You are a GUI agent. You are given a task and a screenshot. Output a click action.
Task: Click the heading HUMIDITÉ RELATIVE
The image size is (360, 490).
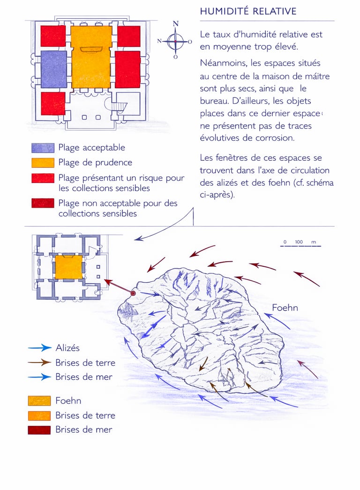pyautogui.click(x=248, y=11)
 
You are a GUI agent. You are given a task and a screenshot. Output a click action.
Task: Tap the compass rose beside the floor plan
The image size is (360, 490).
pyautogui.click(x=175, y=41)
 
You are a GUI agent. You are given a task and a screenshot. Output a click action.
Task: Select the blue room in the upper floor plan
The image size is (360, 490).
pyautogui.click(x=54, y=69)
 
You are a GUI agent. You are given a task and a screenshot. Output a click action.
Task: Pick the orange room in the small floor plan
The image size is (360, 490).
pyautogui.click(x=69, y=267)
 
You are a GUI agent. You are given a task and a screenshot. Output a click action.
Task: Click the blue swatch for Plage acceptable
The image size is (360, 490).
pyautogui.click(x=42, y=148)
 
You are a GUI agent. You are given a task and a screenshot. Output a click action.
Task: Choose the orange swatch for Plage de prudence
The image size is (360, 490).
pyautogui.click(x=42, y=163)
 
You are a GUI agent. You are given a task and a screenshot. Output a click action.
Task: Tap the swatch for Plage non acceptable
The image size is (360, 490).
pyautogui.click(x=42, y=203)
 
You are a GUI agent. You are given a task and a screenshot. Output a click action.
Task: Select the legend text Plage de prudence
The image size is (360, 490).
pyautogui.click(x=95, y=163)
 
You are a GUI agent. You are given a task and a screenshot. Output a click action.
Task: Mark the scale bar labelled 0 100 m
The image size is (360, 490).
pyautogui.click(x=300, y=243)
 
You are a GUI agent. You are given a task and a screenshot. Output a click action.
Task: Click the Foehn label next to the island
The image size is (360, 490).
pyautogui.click(x=285, y=308)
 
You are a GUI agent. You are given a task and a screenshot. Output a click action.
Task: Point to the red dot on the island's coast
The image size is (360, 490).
pyautogui.click(x=133, y=293)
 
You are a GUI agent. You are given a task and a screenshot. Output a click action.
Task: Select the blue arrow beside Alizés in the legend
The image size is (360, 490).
pyautogui.click(x=39, y=348)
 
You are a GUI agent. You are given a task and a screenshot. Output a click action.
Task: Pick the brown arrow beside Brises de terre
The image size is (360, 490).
pyautogui.click(x=39, y=362)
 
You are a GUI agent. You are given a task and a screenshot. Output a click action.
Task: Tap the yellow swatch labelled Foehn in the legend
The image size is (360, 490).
pyautogui.click(x=39, y=401)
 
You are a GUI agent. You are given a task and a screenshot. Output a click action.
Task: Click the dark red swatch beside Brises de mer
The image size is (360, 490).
pyautogui.click(x=39, y=430)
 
